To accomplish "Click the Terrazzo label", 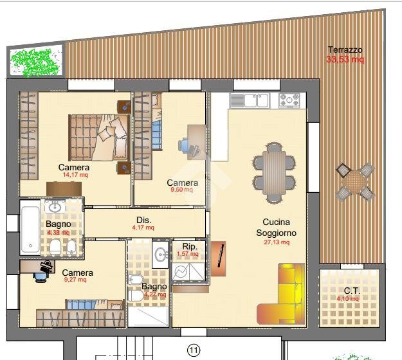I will click(345, 50).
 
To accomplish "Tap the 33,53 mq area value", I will click(345, 60).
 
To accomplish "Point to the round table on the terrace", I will click(356, 183).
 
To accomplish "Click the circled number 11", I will click(192, 350).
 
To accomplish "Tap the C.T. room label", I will click(351, 291).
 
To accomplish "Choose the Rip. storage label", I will click(190, 246).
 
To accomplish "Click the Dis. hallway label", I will click(143, 219).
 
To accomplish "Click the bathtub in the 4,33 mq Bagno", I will click(29, 228).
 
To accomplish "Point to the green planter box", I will click(36, 61).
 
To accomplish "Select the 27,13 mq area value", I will click(277, 242).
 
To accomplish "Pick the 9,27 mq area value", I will click(77, 280).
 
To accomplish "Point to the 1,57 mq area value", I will click(188, 254).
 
